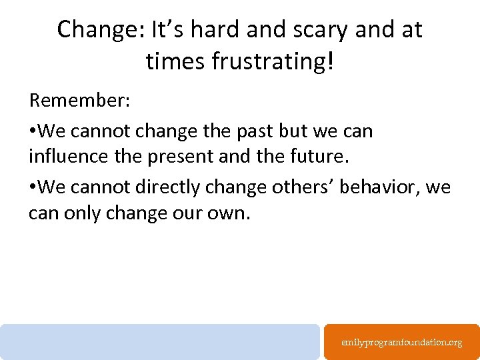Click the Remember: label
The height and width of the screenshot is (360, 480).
click(79, 101)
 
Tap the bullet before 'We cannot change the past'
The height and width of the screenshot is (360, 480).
click(33, 131)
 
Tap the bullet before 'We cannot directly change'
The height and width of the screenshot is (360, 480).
click(33, 188)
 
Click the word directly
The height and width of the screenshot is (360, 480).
click(169, 188)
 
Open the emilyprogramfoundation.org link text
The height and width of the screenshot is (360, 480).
click(401, 342)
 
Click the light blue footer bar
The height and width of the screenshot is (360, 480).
click(160, 342)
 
